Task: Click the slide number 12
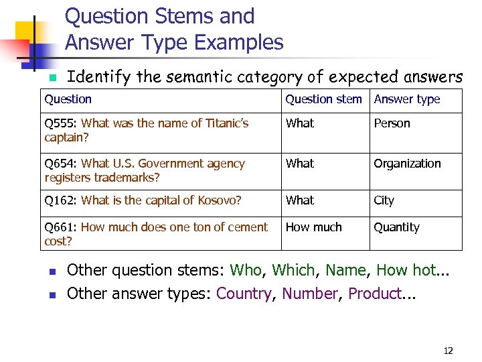448,351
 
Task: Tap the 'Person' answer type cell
392,123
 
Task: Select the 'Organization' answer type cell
407,164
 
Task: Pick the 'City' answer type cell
384,200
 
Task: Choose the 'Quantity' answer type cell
396,227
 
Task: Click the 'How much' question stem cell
313,227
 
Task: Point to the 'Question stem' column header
323,99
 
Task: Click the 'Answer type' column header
406,99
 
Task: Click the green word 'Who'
246,270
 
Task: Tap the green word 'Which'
294,270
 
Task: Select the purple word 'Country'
244,294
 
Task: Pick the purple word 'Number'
310,294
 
